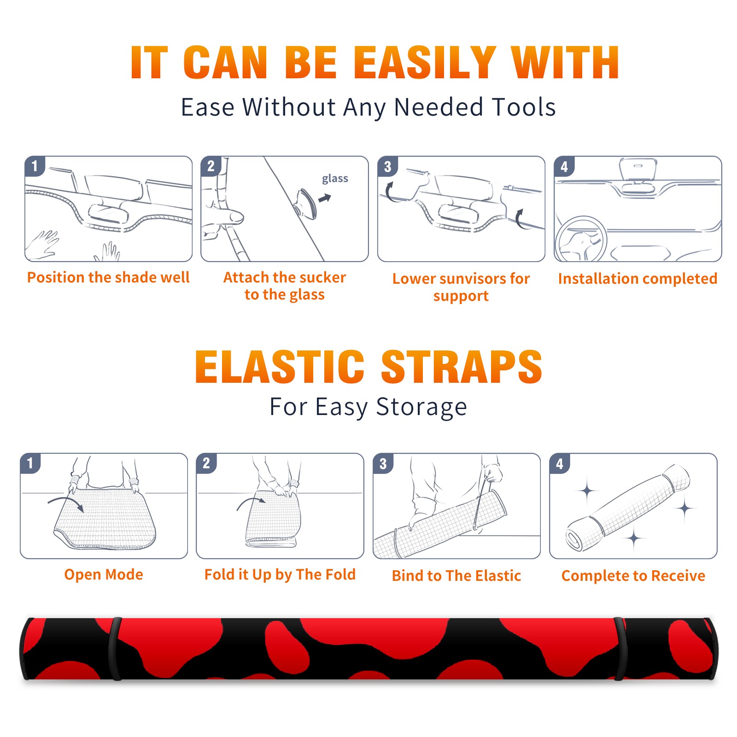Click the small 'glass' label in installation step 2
click(335, 179)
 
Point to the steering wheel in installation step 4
click(581, 240)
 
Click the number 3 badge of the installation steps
click(387, 166)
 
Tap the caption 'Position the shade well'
click(108, 277)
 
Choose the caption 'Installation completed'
click(638, 279)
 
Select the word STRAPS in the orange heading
click(462, 367)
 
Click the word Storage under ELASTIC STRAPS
click(421, 407)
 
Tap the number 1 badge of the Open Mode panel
click(30, 463)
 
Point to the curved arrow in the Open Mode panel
click(64, 500)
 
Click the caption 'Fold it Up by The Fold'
click(280, 574)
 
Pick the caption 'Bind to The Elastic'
click(456, 576)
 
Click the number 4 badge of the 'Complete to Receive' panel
click(560, 463)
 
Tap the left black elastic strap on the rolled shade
click(116, 649)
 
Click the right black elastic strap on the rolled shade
click(620, 649)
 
